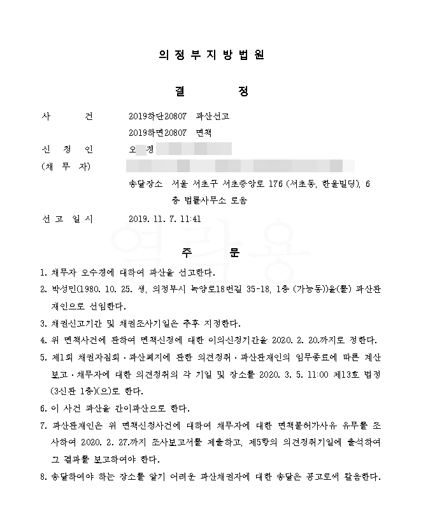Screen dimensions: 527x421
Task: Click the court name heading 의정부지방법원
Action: [210, 55]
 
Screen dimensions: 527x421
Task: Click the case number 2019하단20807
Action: [157, 116]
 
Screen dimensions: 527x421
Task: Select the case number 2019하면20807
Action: [157, 133]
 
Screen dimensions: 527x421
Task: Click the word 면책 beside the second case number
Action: [204, 133]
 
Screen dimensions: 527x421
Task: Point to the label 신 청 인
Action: [66, 149]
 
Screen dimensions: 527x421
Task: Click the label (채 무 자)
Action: [66, 167]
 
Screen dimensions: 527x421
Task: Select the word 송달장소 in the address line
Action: [145, 184]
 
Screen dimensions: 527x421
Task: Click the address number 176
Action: [275, 184]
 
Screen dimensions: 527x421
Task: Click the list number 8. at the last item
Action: [43, 477]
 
